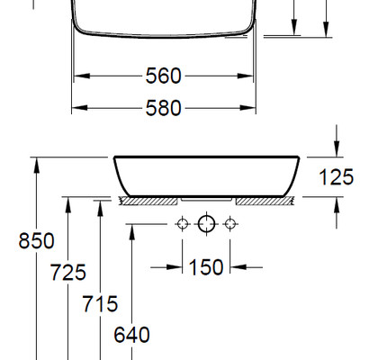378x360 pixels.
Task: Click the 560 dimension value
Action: pyautogui.click(x=164, y=76)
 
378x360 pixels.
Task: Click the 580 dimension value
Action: pyautogui.click(x=164, y=108)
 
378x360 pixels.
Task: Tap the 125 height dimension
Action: pyautogui.click(x=337, y=177)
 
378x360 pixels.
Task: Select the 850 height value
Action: pyautogui.click(x=36, y=240)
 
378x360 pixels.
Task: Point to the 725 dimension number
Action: pyautogui.click(x=68, y=272)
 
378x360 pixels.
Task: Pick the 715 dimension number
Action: pyautogui.click(x=100, y=303)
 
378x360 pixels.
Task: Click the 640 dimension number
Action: pyautogui.click(x=131, y=335)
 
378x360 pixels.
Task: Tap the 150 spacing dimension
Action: pyautogui.click(x=206, y=267)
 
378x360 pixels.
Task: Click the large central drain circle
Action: pyautogui.click(x=206, y=224)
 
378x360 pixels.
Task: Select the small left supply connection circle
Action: pyautogui.click(x=183, y=224)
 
